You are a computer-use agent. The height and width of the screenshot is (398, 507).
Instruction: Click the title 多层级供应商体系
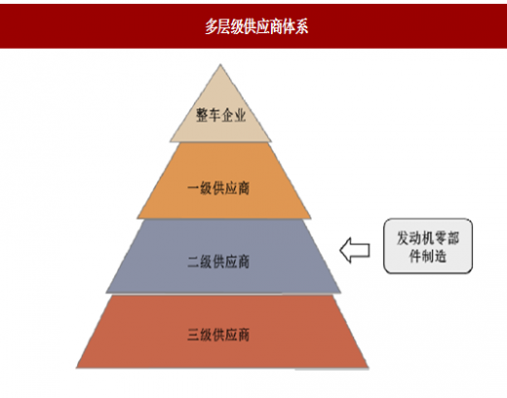click(256, 26)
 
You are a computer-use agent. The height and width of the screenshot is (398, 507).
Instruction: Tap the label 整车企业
click(220, 115)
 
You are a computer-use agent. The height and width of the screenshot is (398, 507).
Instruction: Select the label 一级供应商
click(218, 188)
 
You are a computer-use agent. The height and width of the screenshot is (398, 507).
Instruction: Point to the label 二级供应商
click(218, 262)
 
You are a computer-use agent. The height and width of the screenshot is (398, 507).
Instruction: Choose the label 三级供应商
click(218, 335)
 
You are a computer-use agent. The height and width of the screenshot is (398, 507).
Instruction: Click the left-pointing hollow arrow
click(355, 251)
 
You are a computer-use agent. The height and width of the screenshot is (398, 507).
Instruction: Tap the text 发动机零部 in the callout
click(428, 238)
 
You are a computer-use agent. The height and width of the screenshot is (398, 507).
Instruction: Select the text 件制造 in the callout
click(428, 257)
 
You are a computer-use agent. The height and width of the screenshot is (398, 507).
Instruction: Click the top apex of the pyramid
click(220, 64)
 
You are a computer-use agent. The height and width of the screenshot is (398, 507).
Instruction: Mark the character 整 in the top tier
click(202, 115)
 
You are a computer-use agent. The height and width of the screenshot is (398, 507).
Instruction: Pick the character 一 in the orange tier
click(193, 188)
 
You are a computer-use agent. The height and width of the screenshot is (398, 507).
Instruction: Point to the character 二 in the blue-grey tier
click(193, 262)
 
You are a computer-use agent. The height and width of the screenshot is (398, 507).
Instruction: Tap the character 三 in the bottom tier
click(193, 335)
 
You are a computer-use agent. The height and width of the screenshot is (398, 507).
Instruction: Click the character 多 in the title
click(212, 26)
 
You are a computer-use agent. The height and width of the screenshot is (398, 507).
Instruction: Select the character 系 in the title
click(302, 26)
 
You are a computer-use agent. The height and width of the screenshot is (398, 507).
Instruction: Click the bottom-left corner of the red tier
click(76, 368)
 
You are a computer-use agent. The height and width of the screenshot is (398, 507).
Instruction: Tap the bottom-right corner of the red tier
click(369, 368)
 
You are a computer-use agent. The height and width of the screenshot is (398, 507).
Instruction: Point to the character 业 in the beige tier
click(240, 115)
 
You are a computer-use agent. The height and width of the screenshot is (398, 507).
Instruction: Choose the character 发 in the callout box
click(403, 238)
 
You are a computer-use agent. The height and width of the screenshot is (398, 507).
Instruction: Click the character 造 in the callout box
click(441, 257)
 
